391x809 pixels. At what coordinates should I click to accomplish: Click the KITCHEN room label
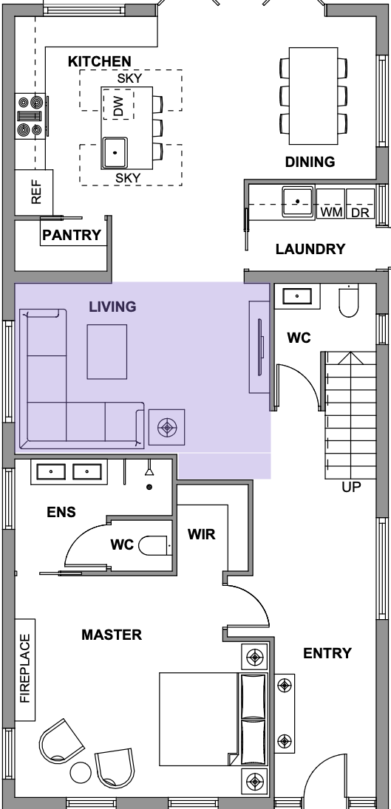(99, 61)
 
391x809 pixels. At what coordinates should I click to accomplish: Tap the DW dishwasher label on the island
(119, 105)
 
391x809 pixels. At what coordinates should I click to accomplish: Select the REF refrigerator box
(34, 192)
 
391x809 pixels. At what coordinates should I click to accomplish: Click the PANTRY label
(72, 235)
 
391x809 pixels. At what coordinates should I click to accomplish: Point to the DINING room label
(310, 162)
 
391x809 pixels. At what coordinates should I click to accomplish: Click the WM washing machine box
(330, 204)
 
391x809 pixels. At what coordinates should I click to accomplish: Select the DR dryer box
(360, 204)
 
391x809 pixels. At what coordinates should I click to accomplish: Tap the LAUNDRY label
(310, 249)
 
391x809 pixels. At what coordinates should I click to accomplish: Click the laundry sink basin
(298, 201)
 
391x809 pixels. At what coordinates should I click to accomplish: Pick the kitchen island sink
(115, 152)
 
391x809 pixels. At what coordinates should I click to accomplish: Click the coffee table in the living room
(106, 352)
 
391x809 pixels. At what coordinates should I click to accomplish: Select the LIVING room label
(112, 307)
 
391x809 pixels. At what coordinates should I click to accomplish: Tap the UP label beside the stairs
(351, 487)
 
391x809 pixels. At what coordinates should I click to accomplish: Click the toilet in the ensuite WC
(154, 545)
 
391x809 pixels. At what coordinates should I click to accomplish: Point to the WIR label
(201, 534)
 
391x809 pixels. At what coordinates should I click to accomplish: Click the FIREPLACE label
(25, 669)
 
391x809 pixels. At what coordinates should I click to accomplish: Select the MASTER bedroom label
(112, 635)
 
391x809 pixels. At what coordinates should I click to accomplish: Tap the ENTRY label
(327, 653)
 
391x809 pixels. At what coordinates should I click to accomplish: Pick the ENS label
(61, 512)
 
